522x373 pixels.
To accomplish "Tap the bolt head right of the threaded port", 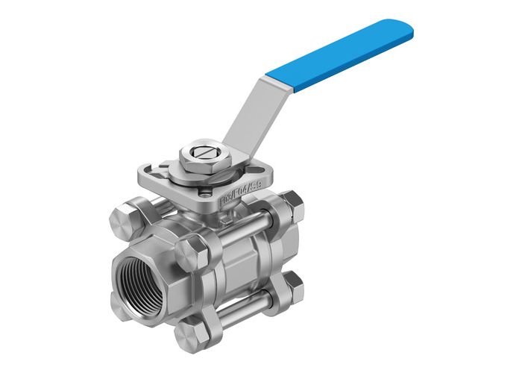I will tap(192, 248).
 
